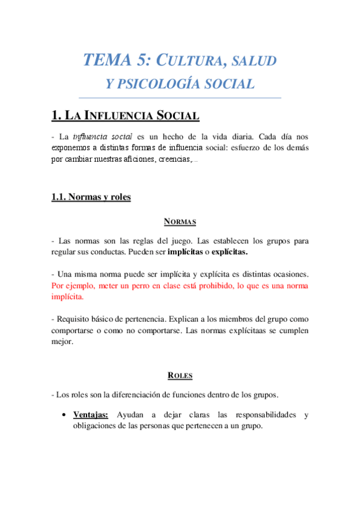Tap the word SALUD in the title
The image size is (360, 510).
(255, 61)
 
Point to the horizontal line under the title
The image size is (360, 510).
(180, 97)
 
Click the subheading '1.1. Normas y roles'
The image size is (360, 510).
(91, 197)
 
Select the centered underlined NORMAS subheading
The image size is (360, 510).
(180, 222)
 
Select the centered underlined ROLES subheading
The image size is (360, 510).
(180, 376)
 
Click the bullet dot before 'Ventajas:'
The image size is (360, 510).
(64, 414)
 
